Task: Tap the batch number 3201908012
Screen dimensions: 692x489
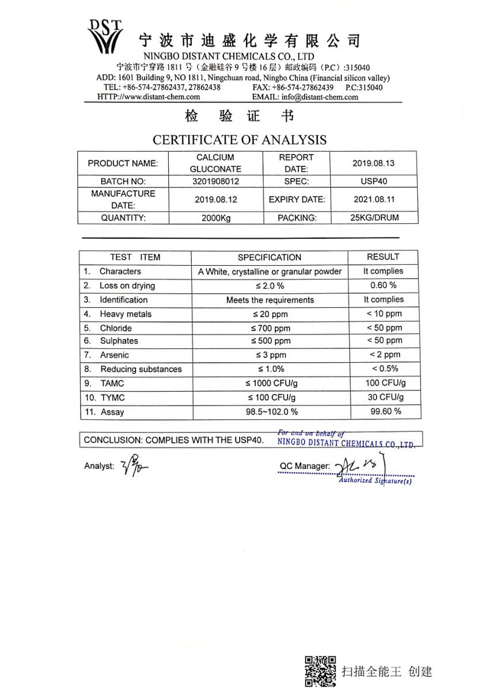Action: tap(215, 181)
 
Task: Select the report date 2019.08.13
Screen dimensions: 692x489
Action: tap(373, 163)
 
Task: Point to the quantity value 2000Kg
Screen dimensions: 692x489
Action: tap(215, 218)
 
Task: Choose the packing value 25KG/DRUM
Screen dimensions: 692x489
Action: tap(374, 217)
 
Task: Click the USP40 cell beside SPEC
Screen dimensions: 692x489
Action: tap(374, 181)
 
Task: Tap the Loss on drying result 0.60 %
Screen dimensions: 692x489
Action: tap(384, 285)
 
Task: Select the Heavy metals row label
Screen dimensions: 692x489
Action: tap(126, 314)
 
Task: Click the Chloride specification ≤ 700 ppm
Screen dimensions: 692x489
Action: tap(270, 329)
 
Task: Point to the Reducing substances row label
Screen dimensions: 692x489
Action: tap(141, 369)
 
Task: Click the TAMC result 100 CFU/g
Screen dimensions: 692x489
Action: tap(384, 383)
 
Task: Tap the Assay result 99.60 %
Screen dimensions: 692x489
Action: tap(384, 411)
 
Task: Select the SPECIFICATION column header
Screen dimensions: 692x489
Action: tap(269, 257)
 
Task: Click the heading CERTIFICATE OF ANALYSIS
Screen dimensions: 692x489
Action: tap(239, 140)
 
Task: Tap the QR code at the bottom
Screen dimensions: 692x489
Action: tap(320, 671)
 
